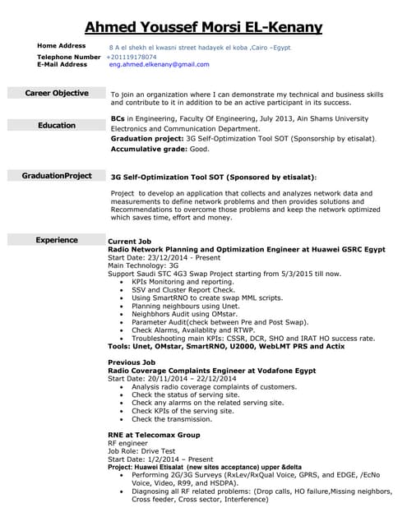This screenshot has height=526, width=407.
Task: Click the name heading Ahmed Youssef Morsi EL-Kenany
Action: pos(203,27)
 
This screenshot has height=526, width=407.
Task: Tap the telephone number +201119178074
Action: pos(137,57)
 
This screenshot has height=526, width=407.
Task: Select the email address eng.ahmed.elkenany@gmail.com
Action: pos(160,64)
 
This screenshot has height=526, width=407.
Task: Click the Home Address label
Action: pos(62,46)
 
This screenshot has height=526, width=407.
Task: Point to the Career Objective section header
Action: pos(57,94)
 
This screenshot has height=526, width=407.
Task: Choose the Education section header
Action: pos(57,126)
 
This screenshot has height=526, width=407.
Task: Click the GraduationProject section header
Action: pos(57,176)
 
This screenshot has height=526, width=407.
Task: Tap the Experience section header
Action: pos(57,240)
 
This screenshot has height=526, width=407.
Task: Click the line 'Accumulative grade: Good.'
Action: pos(160,150)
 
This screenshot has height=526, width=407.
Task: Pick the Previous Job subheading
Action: pos(132,362)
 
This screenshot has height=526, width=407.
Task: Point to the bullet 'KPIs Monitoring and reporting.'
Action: pos(183,282)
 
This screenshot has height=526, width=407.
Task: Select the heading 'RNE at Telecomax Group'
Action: pos(154,434)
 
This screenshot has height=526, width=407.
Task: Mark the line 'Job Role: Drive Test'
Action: pos(141,450)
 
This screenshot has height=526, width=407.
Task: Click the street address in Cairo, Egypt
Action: pos(200,48)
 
